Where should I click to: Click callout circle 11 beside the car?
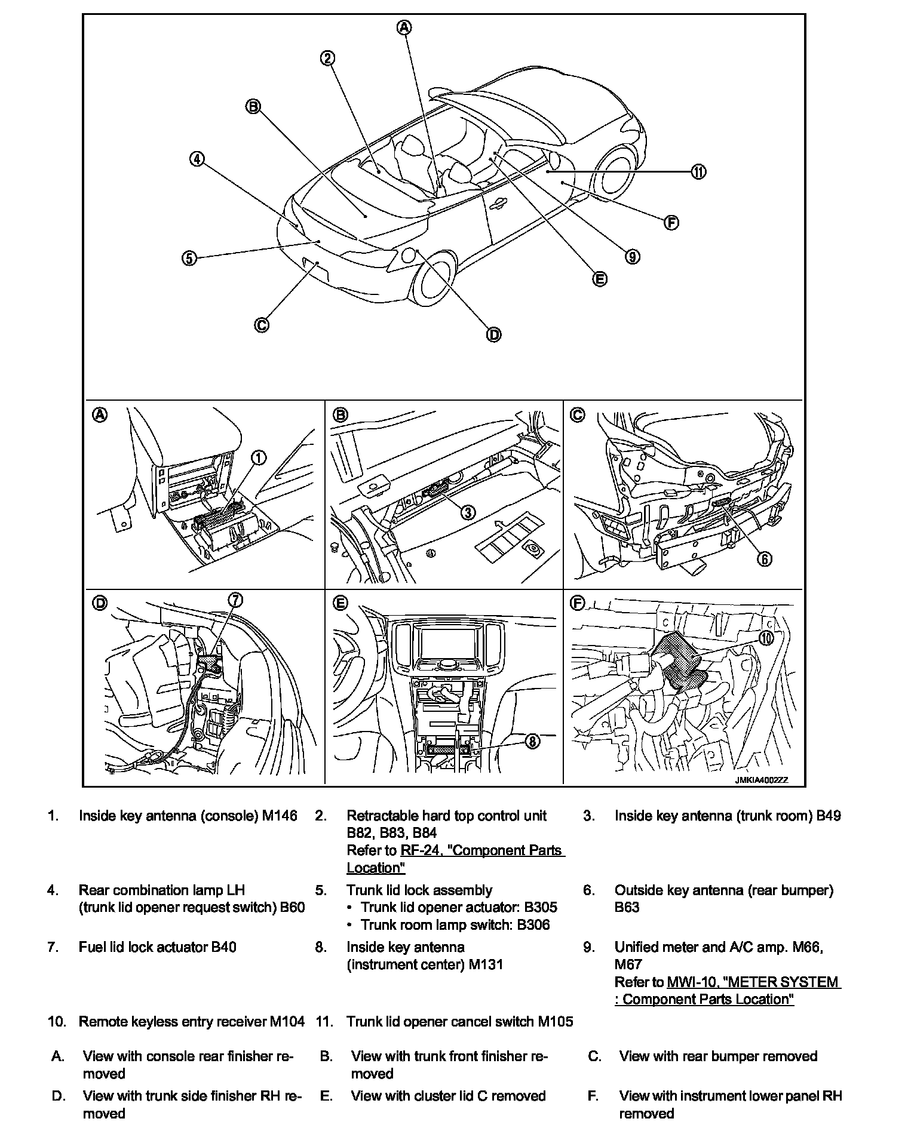[698, 172]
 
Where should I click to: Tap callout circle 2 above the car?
[327, 58]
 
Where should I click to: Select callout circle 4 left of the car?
[197, 159]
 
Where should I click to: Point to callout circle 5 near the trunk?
[189, 258]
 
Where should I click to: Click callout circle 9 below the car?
[632, 257]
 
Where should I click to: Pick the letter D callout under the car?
[494, 335]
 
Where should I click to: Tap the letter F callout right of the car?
[671, 223]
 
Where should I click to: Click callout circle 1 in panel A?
[258, 458]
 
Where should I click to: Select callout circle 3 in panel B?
[468, 512]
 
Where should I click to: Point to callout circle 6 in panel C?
[765, 558]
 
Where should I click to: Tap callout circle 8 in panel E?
[532, 742]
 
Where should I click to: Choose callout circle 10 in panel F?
[766, 638]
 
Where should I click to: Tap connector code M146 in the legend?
[280, 816]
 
